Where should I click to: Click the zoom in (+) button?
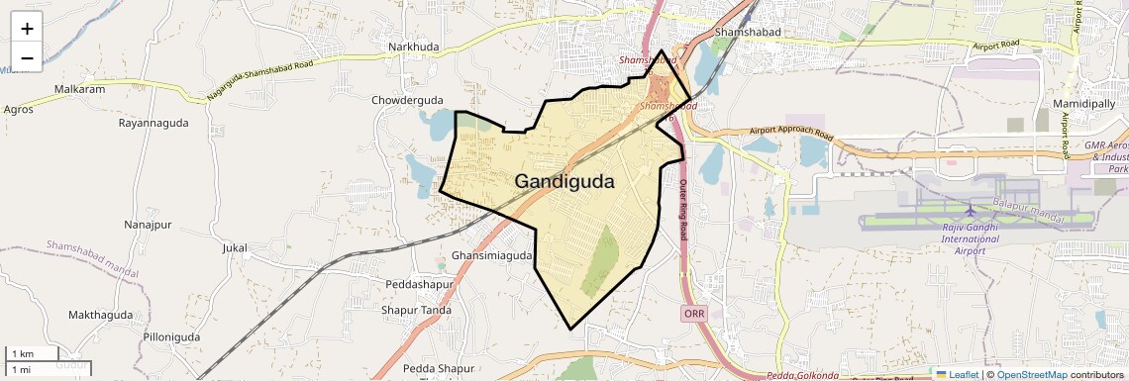27,28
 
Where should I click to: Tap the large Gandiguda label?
564,182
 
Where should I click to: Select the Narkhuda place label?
413,48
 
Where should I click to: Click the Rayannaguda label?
153,123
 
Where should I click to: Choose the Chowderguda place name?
408,100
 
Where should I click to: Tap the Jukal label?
235,247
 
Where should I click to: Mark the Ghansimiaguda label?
492,255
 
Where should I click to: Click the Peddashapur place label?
419,284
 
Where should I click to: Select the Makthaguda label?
100,315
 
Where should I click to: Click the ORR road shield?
694,313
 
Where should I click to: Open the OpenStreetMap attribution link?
1031,374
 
